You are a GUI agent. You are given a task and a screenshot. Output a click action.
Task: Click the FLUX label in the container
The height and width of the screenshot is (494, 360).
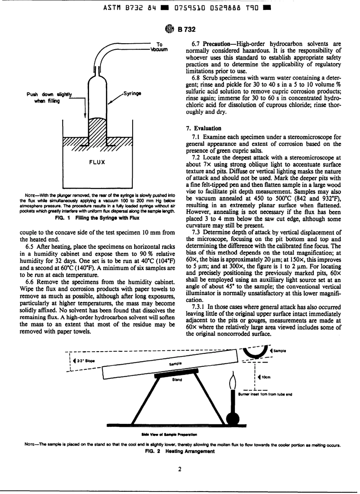[x=97, y=163]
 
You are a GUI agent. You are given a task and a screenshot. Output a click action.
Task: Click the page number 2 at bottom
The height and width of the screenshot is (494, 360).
[x=180, y=469]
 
